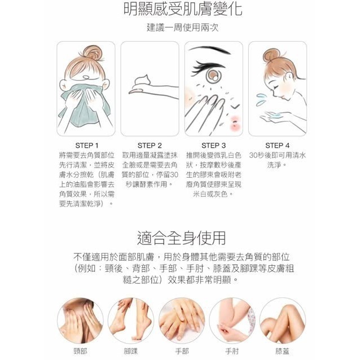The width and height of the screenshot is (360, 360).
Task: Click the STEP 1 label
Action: tap(87, 146)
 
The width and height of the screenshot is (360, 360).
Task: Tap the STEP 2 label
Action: tap(150, 146)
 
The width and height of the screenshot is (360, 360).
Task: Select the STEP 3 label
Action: tap(213, 146)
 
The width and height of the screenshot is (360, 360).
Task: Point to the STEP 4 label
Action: tap(278, 146)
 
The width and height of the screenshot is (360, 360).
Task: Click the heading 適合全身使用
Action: tap(181, 238)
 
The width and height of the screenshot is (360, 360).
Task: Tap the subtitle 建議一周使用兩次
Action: tap(182, 28)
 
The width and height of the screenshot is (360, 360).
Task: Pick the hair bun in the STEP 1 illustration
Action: tap(93, 53)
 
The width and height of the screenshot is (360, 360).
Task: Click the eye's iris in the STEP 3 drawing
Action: tap(213, 75)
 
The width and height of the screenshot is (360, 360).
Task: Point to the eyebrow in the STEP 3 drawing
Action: tap(209, 50)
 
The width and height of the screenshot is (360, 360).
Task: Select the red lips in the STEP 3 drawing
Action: tap(235, 122)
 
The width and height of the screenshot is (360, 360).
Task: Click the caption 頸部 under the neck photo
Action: tap(80, 351)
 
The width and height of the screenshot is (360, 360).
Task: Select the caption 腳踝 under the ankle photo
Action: tap(131, 351)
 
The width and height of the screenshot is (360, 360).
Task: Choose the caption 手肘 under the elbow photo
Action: tap(232, 351)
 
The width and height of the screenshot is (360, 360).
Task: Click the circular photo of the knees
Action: tap(283, 321)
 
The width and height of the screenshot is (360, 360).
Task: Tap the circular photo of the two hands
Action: tap(181, 321)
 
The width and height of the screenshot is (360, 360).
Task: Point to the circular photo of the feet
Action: tap(131, 321)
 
